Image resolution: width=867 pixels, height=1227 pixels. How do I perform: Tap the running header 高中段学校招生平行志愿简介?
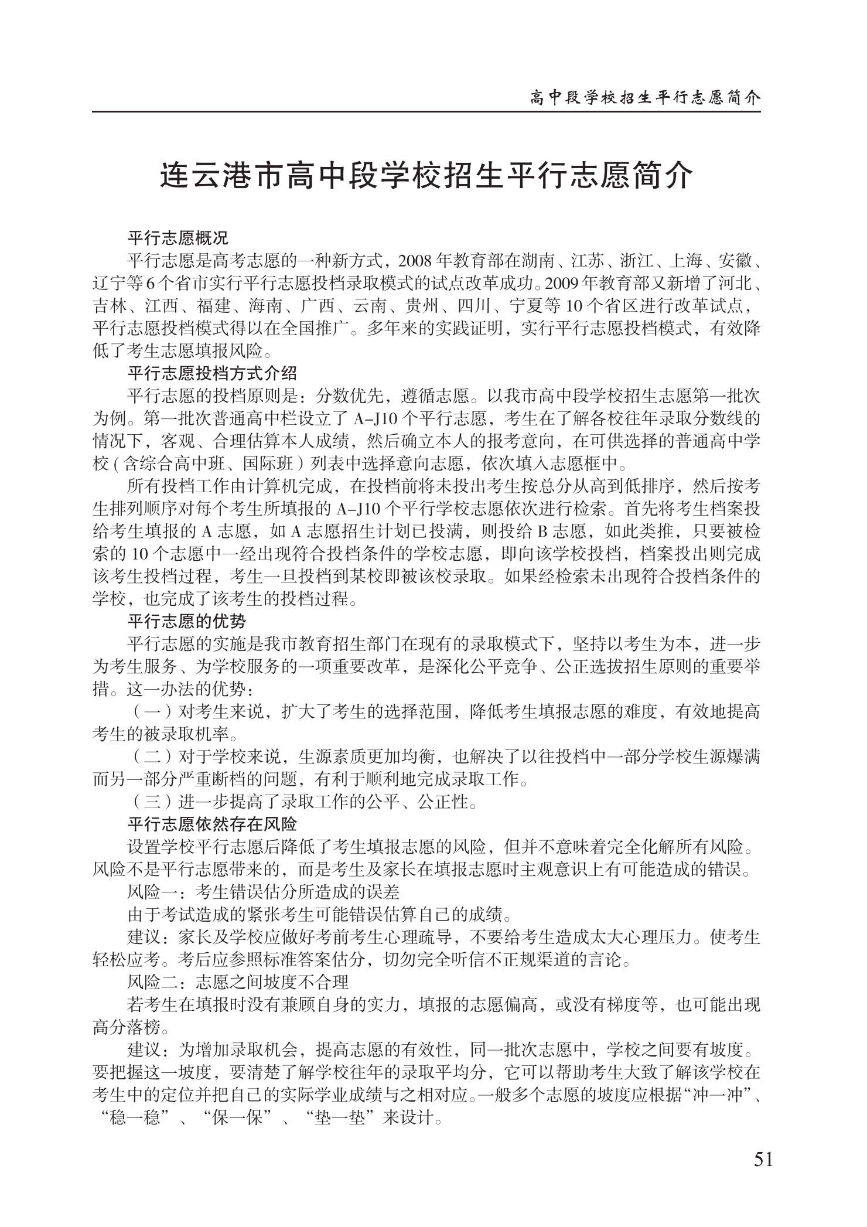coord(644,97)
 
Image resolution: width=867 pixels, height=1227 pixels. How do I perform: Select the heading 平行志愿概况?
coord(178,238)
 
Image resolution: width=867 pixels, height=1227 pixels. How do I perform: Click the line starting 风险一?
coord(263,892)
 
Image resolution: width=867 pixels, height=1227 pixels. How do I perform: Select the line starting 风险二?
coord(238,981)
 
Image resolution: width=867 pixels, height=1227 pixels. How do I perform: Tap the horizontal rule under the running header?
coord(426,111)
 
